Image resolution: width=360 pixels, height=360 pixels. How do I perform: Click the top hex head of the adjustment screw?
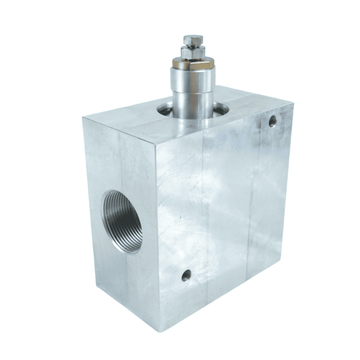click(x=193, y=40)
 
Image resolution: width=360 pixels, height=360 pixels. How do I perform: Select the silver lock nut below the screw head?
click(x=193, y=52)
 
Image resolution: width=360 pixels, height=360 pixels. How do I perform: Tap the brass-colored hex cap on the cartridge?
click(x=193, y=63)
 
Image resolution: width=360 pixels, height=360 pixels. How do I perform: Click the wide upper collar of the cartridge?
click(x=193, y=80)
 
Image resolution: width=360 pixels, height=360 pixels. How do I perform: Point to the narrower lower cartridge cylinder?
click(x=193, y=105)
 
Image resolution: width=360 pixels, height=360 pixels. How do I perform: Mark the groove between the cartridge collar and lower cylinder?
click(x=193, y=94)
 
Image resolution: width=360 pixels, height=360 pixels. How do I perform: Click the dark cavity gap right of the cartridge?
click(x=221, y=108)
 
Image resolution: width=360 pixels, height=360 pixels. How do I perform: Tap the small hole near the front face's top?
click(x=273, y=121)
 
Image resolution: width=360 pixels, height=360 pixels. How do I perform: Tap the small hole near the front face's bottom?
click(x=186, y=275)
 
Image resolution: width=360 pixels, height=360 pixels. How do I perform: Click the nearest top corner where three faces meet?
click(x=155, y=144)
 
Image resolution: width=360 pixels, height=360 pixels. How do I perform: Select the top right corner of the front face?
click(x=293, y=104)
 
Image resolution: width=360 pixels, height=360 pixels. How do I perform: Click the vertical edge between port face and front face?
click(x=157, y=233)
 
